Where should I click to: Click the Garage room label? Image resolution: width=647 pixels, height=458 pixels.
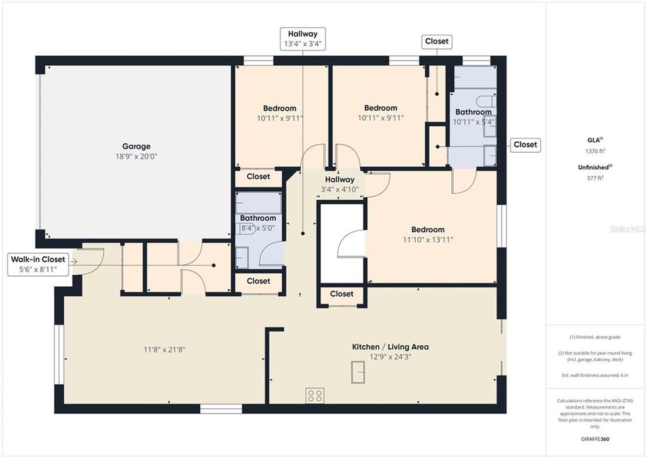[x=136, y=146]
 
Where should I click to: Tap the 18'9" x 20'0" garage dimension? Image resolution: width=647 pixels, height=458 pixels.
[x=136, y=156]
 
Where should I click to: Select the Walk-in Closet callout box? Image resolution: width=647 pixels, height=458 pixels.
[x=37, y=264]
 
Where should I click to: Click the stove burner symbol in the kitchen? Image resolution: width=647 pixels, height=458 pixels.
[x=315, y=396]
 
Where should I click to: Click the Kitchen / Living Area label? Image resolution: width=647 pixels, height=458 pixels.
[x=390, y=347]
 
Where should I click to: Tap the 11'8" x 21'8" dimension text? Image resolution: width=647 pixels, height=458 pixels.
[x=164, y=349]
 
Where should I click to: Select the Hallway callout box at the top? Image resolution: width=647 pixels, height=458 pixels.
[x=303, y=39]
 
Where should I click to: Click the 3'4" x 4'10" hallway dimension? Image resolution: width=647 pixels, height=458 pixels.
[x=339, y=190]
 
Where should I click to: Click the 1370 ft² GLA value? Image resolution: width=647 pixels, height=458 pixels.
[x=595, y=151]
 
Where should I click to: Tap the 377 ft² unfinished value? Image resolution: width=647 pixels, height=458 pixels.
[x=595, y=178]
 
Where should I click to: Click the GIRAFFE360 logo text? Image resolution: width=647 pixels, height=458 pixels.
[x=596, y=439]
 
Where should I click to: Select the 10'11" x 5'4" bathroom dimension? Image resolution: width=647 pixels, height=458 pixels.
[x=474, y=121]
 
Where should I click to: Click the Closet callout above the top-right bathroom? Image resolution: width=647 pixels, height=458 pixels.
[x=437, y=41]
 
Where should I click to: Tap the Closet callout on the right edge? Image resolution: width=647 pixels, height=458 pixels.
[x=525, y=144]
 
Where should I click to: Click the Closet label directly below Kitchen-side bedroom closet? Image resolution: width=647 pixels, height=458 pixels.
[x=342, y=294]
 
